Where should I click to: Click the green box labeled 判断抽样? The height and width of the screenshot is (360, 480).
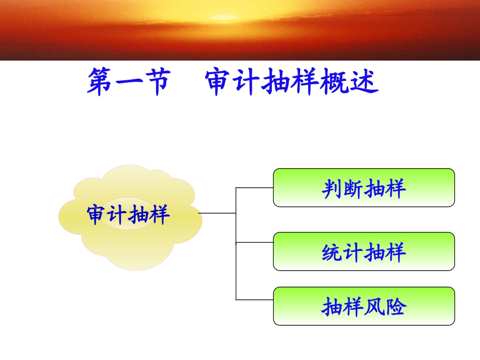364,188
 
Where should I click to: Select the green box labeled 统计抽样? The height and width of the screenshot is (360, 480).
364,251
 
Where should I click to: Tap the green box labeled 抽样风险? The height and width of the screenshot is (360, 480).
364,306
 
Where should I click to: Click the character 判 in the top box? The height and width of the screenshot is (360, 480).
331,189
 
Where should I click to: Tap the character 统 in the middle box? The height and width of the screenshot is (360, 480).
331,252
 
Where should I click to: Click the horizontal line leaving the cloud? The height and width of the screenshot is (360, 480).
217,213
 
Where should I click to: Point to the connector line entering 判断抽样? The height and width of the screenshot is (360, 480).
255,187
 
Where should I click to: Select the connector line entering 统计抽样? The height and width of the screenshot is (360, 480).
255,242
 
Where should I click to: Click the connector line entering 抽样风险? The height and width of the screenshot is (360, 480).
255,299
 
